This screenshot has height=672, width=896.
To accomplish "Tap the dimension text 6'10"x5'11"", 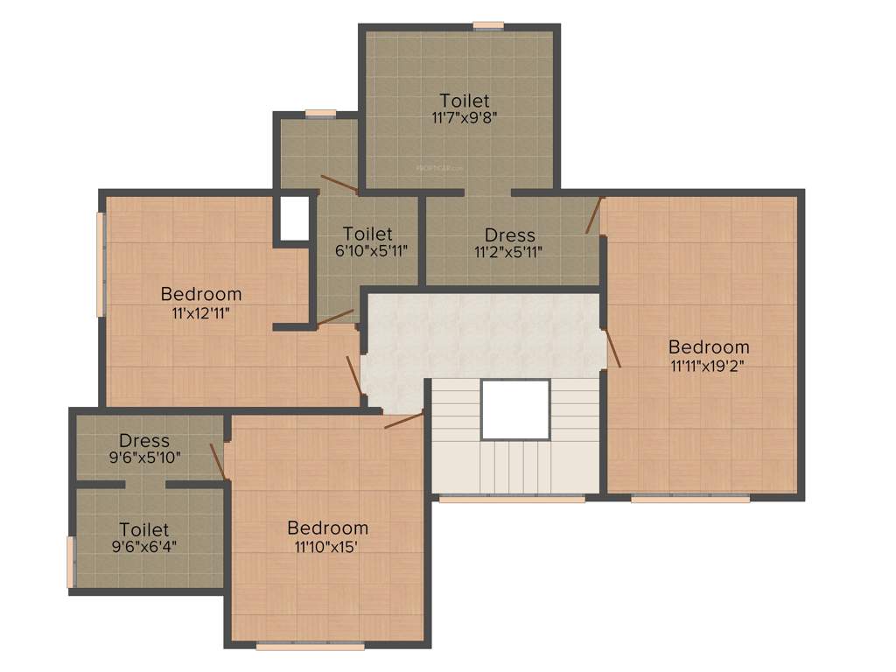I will click(367, 250).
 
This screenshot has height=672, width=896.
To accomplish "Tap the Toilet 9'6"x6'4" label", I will click(144, 529).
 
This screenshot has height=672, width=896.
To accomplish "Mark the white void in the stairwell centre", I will click(515, 409).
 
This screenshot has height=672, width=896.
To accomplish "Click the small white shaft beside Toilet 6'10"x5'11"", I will click(295, 218).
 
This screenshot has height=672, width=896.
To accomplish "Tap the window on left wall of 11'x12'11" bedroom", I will click(101, 263).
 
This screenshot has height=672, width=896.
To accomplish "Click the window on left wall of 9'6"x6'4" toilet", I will click(71, 562).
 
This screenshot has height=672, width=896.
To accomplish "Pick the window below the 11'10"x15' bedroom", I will click(311, 647).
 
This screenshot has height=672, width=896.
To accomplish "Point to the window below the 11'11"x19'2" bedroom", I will click(690, 499).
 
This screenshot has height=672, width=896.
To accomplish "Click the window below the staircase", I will click(512, 499).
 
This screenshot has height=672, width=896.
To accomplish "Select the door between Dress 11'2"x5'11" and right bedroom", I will click(595, 215).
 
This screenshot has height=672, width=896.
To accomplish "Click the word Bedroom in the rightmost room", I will click(709, 346).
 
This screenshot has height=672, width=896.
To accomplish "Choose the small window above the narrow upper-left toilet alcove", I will click(320, 113).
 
